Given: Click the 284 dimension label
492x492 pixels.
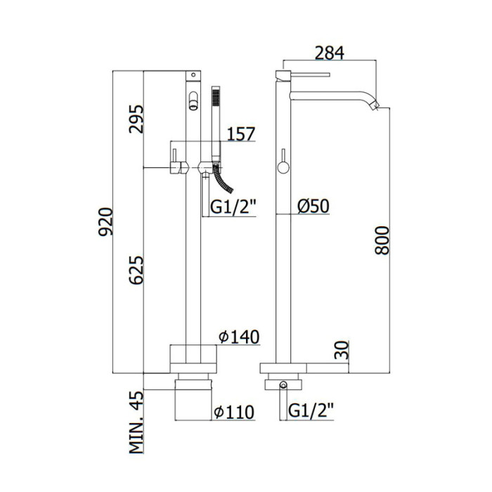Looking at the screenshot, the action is click(329, 53).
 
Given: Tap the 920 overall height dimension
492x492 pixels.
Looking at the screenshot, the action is click(105, 221).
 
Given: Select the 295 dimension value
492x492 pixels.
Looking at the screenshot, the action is click(136, 119).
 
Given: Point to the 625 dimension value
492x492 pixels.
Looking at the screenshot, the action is click(136, 270).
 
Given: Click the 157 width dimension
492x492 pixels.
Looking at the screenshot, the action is click(241, 134).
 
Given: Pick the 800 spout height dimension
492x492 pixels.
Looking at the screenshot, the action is click(382, 240).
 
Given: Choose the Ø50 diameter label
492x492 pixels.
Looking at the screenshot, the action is click(313, 207).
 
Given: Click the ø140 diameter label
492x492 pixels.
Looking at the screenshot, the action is click(240, 337).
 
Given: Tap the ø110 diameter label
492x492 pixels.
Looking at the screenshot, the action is click(234, 412).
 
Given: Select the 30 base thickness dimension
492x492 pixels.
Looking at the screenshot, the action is click(342, 350).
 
